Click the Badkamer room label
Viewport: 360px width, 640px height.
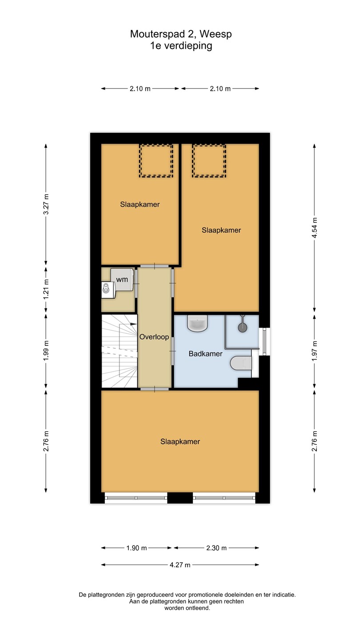click(x=205, y=354)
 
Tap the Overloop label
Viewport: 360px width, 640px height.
click(x=154, y=337)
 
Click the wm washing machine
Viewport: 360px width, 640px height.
click(x=122, y=280)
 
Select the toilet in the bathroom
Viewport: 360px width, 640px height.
click(x=241, y=363)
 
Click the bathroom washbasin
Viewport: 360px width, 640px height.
click(x=197, y=323)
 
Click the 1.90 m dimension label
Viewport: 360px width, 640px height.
click(x=136, y=548)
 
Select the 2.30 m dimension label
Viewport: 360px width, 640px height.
click(x=216, y=548)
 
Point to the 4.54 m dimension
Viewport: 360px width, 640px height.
click(x=315, y=228)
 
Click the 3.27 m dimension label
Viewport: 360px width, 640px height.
click(x=46, y=204)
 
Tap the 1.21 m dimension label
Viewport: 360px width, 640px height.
click(x=46, y=289)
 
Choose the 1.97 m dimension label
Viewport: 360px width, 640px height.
click(x=315, y=351)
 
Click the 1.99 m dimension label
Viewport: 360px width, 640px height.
click(x=46, y=351)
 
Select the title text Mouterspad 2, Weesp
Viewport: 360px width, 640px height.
click(x=181, y=34)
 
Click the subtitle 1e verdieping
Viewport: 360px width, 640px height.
click(x=181, y=46)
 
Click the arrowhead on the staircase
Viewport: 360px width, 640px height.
click(x=133, y=324)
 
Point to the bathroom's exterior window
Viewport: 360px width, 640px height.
click(x=264, y=341)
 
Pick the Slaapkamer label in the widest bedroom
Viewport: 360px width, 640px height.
click(x=180, y=441)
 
